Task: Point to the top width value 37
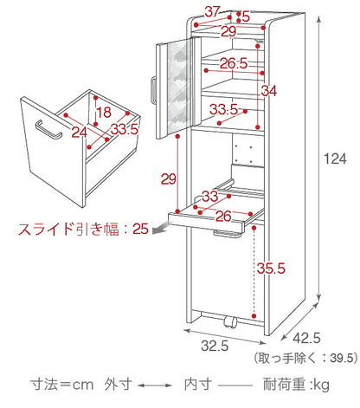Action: pyautogui.click(x=213, y=11)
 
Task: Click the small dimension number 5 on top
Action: pyautogui.click(x=246, y=16)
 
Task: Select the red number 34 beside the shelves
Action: pyautogui.click(x=269, y=91)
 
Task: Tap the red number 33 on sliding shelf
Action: pyautogui.click(x=210, y=196)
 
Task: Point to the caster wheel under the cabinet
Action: pyautogui.click(x=230, y=324)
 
